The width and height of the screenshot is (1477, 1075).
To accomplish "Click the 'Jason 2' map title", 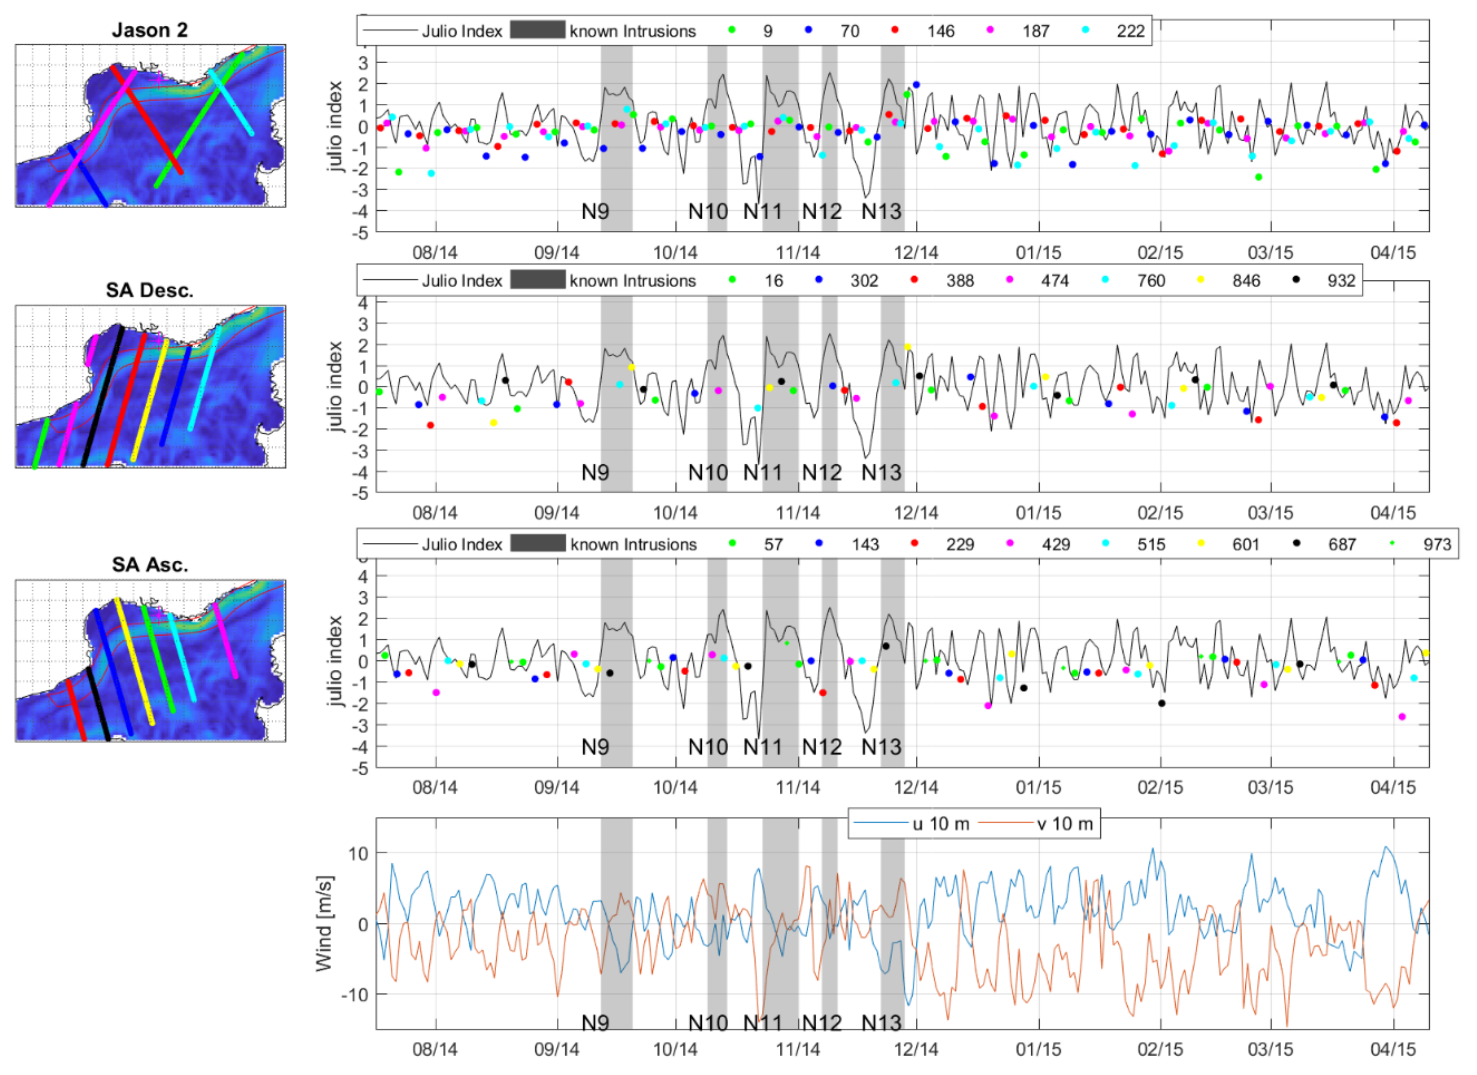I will tap(150, 30).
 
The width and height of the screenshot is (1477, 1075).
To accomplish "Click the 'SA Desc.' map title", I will tap(150, 290).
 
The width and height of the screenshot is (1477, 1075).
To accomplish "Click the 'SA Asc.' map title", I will tap(150, 564).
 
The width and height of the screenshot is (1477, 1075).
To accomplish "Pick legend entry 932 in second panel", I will tap(1341, 281).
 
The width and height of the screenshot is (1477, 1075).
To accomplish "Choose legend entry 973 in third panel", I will tap(1437, 544).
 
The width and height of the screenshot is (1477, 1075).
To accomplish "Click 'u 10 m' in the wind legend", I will tap(940, 824).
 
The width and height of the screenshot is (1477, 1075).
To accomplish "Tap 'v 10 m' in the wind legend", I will tap(1064, 824).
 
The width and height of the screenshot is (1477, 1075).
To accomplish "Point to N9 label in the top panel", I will tap(595, 212).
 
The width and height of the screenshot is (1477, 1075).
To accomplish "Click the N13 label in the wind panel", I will tap(881, 1023).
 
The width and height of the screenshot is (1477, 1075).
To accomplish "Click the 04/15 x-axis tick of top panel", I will tap(1393, 253).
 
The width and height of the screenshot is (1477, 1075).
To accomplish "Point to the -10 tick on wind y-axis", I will tap(354, 994).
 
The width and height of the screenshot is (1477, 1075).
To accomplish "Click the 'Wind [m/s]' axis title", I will tap(324, 923).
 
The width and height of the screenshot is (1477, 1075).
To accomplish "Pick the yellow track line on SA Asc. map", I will tap(134, 661).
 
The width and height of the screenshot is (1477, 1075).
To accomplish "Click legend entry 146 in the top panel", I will tap(940, 31).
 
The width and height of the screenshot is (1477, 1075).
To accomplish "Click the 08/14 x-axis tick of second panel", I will tap(435, 513).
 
